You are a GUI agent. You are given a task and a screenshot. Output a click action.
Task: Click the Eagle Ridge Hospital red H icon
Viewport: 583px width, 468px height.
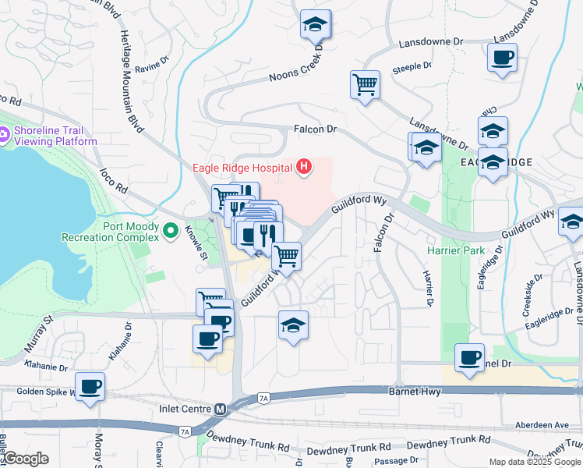(304, 166)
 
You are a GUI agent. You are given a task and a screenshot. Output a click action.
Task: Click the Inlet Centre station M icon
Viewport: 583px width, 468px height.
(221, 408)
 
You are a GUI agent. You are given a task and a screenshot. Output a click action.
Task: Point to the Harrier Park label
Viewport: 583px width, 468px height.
(456, 250)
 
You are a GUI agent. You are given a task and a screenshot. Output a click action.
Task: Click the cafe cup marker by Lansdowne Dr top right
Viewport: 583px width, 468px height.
(502, 58)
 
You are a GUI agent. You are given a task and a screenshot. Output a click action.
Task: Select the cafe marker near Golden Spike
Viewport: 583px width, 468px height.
(90, 386)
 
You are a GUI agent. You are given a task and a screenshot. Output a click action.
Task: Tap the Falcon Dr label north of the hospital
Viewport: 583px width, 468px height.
(314, 129)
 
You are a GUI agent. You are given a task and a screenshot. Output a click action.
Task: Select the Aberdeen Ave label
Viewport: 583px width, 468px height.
(542, 425)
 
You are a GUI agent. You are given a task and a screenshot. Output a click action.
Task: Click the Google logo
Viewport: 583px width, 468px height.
(26, 459)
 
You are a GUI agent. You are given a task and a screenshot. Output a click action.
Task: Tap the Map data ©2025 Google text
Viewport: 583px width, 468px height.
(535, 462)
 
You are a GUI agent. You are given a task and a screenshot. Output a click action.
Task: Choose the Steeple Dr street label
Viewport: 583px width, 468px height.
(412, 67)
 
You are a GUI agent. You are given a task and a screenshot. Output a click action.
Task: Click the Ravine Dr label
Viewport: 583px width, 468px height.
(152, 64)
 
